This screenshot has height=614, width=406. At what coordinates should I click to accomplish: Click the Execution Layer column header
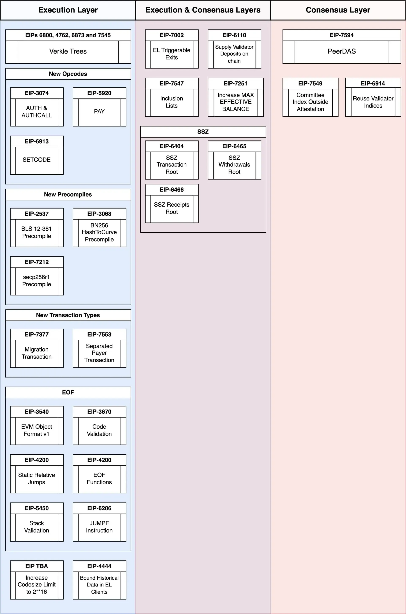[68, 10]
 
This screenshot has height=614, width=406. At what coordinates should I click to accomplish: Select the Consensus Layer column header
[338, 10]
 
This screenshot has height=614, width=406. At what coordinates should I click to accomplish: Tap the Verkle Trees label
[68, 51]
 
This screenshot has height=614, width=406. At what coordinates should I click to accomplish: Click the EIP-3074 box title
[37, 93]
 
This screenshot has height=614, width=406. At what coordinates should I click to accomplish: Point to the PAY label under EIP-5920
[99, 112]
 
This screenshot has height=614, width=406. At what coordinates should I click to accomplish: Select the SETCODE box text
[37, 160]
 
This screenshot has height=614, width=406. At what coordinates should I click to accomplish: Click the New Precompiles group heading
[68, 194]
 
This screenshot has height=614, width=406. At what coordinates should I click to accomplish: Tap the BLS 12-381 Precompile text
[37, 232]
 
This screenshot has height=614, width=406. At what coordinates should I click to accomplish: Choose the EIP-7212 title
[37, 262]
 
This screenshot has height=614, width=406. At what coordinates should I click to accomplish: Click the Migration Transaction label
[37, 353]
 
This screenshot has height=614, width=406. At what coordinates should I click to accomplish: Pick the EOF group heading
[68, 392]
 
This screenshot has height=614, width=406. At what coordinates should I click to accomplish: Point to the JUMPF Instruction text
[99, 527]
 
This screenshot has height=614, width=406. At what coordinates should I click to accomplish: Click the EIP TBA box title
[37, 566]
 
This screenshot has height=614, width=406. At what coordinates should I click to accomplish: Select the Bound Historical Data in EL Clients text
[99, 585]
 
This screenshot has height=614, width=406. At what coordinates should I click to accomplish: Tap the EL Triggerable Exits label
[171, 54]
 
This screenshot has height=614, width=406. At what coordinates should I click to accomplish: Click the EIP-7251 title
[235, 83]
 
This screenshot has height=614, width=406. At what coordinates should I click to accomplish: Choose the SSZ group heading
[203, 132]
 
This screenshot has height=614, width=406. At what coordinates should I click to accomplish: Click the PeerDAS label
[342, 51]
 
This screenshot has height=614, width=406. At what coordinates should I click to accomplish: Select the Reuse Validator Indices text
[373, 102]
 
